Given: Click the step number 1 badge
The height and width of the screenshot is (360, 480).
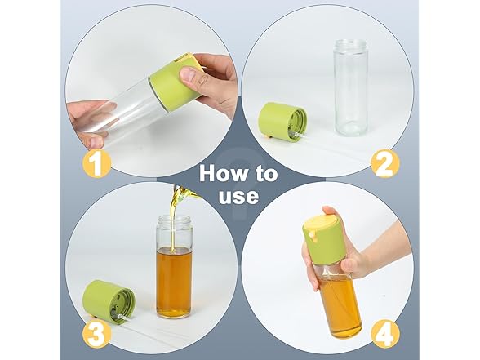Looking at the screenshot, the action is (x=96, y=163).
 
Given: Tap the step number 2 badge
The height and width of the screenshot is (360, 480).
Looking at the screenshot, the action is (x=385, y=164).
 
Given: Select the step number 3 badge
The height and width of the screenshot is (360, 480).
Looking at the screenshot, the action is (x=96, y=333).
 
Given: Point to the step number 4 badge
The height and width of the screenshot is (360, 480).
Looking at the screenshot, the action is (x=385, y=333).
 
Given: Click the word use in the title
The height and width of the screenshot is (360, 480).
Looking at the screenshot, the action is (x=238, y=196).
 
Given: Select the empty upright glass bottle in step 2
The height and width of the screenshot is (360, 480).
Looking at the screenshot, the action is (x=350, y=87).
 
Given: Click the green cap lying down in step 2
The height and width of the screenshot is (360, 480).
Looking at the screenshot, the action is (x=282, y=122).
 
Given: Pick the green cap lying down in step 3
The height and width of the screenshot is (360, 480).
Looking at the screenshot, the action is (x=109, y=300).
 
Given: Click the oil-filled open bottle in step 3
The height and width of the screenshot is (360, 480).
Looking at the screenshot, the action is (x=174, y=266).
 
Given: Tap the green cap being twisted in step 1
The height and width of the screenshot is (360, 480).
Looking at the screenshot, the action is (x=175, y=82).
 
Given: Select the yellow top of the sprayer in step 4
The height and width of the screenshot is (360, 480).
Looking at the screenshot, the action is (x=321, y=224).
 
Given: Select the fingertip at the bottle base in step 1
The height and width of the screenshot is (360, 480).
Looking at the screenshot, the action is (x=94, y=141).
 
